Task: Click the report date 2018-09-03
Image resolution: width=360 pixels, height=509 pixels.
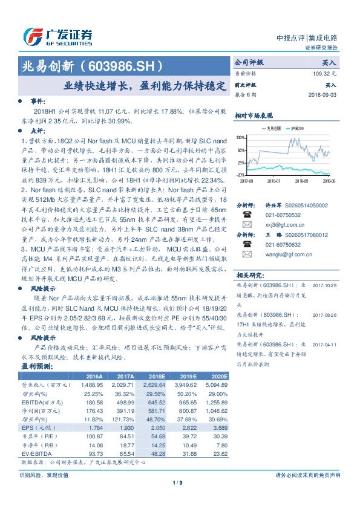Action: point(322,95)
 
